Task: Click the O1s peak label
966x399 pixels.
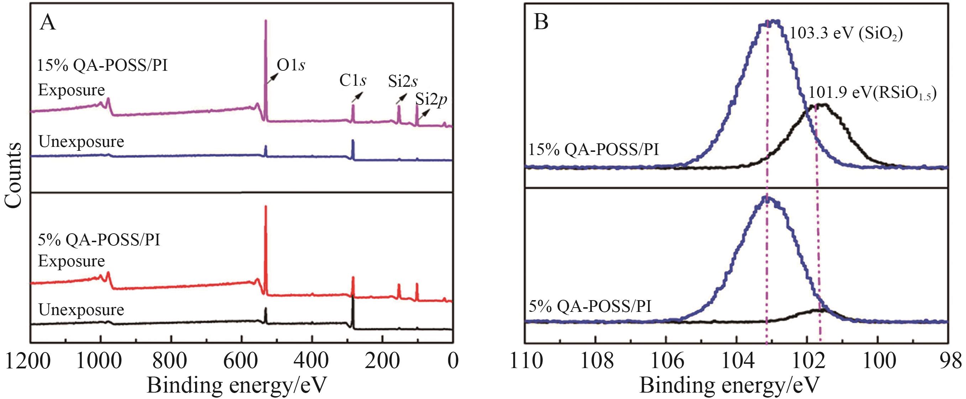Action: point(291,65)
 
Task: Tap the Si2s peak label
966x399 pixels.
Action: point(403,81)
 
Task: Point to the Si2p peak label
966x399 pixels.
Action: point(431,100)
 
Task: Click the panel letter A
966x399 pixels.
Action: point(48,23)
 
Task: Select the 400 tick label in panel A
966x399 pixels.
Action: point(312,362)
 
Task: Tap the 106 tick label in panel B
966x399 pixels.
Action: point(666,362)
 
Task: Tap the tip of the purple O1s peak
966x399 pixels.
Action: point(266,21)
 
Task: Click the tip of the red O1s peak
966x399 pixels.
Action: point(266,206)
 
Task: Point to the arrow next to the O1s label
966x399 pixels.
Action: point(272,78)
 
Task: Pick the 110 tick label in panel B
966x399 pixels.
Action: point(527,362)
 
